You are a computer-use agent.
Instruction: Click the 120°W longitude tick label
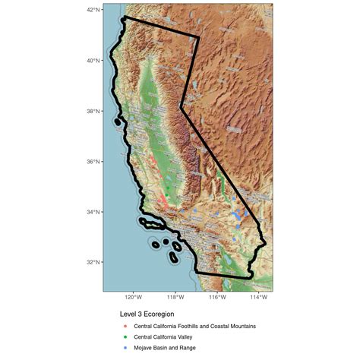point(134,298)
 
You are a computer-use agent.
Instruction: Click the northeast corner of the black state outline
point(199,37)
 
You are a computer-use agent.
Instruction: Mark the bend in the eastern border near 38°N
point(181,108)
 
